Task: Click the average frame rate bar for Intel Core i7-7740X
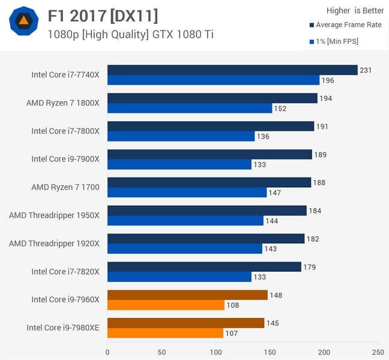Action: click(232, 70)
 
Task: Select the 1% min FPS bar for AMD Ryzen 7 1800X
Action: click(190, 108)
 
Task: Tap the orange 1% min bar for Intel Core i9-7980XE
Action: click(165, 333)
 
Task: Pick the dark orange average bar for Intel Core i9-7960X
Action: click(187, 295)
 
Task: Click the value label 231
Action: click(366, 70)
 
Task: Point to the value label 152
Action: click(280, 109)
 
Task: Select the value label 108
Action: click(232, 305)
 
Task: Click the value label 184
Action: click(314, 211)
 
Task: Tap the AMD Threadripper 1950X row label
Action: click(54, 215)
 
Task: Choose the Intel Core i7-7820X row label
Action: click(65, 272)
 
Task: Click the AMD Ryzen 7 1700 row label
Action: click(65, 187)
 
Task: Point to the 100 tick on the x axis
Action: click(216, 352)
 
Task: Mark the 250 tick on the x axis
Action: click(378, 352)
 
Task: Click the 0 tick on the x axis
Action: click(107, 352)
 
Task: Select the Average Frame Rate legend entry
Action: click(345, 25)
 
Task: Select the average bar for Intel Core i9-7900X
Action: click(210, 154)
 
